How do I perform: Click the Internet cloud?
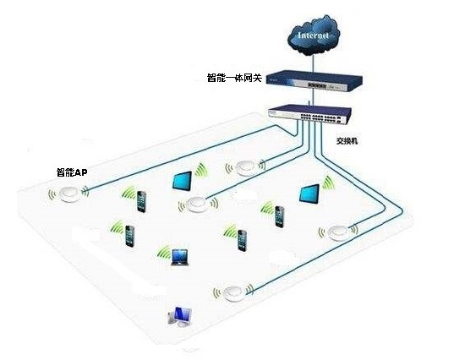pos(313,35)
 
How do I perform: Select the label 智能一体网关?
pos(234,78)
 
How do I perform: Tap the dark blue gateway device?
pos(314,81)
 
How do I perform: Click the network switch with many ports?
pos(309,114)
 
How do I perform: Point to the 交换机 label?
pos(347,141)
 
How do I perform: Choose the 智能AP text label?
pos(72,172)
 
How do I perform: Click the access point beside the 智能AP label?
pos(69,194)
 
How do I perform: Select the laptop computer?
pos(180,257)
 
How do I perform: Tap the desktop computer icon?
pos(179,316)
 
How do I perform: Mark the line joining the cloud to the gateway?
pos(313,63)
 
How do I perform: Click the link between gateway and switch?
pos(312,98)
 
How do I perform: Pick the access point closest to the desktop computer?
pos(233,293)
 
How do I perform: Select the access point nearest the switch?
pos(245,168)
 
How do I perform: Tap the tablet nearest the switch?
pos(309,194)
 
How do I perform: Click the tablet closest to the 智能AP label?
pos(182,180)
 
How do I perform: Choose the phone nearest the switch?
pos(279,216)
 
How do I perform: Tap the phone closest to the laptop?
pos(130,236)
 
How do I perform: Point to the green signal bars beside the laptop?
pos(164,252)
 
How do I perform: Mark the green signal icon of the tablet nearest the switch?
pos(329,183)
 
